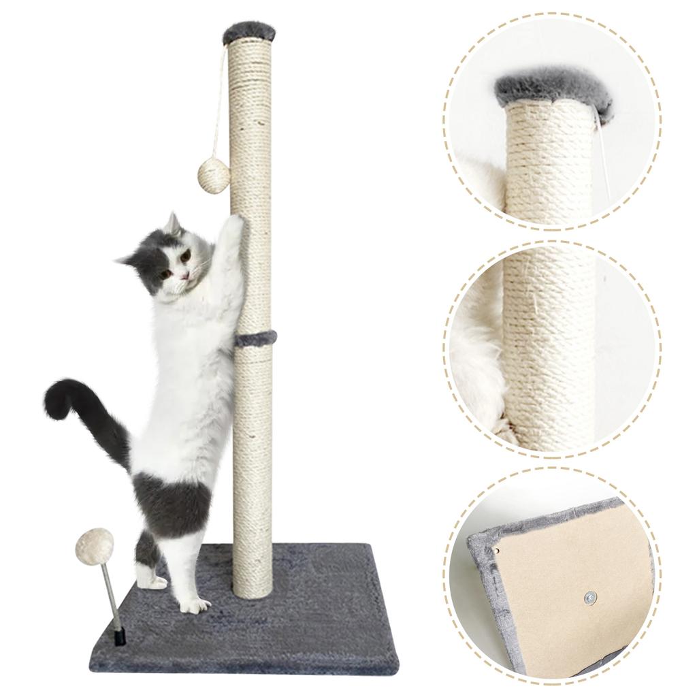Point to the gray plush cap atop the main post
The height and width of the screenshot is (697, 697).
coord(247,32)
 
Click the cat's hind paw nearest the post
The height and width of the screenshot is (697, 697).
coord(193,604)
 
